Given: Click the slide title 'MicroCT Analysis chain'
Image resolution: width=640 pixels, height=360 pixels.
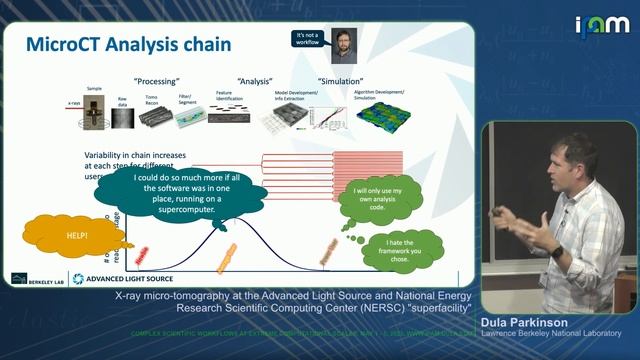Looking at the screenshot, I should (x=128, y=45).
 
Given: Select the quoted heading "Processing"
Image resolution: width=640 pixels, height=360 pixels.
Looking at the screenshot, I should (x=156, y=80).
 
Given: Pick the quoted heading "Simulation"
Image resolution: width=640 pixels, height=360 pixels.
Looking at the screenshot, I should (x=340, y=80).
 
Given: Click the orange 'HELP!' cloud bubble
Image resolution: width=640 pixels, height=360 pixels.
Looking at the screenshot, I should (x=50, y=236).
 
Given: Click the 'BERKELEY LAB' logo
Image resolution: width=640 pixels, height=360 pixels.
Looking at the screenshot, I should (x=36, y=277).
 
